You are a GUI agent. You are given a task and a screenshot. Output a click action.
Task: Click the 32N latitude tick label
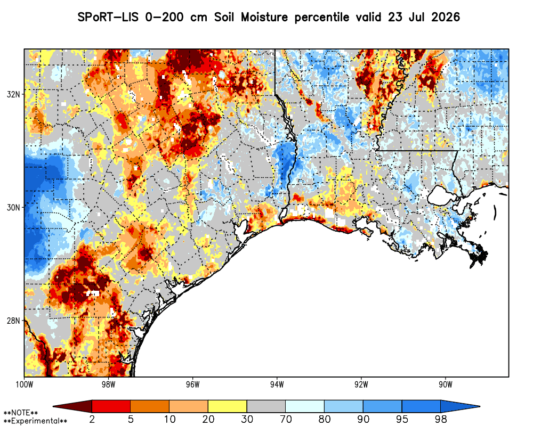click(x=13, y=94)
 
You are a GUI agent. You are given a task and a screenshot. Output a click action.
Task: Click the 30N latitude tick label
click(x=13, y=207)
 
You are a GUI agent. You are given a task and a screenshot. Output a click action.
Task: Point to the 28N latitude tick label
click(x=13, y=321)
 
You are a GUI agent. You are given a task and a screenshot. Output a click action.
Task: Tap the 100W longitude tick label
click(x=24, y=384)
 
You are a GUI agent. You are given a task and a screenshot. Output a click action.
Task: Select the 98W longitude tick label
click(x=108, y=384)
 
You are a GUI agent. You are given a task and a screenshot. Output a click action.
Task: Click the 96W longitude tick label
click(x=193, y=384)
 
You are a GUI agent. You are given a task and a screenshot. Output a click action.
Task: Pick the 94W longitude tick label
click(x=277, y=384)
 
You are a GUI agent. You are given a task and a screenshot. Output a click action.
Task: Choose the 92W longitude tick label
click(x=361, y=384)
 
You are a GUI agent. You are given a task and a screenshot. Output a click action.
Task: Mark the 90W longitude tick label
click(x=446, y=384)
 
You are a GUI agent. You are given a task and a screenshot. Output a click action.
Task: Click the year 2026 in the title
click(x=446, y=17)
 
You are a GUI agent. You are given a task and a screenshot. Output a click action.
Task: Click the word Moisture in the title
click(x=264, y=17)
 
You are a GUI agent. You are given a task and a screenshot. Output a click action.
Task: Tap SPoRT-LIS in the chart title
click(x=108, y=17)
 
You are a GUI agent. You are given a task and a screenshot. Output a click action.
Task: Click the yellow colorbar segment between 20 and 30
click(x=228, y=406)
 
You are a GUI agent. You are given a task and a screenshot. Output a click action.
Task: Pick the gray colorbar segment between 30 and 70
click(x=266, y=406)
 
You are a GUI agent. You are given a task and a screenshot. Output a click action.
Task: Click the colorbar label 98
click(x=441, y=419)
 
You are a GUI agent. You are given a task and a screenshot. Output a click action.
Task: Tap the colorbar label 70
click(x=286, y=419)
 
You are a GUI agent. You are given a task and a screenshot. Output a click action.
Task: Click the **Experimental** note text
click(x=35, y=421)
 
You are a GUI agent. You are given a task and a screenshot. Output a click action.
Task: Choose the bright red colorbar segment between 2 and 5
click(x=111, y=406)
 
